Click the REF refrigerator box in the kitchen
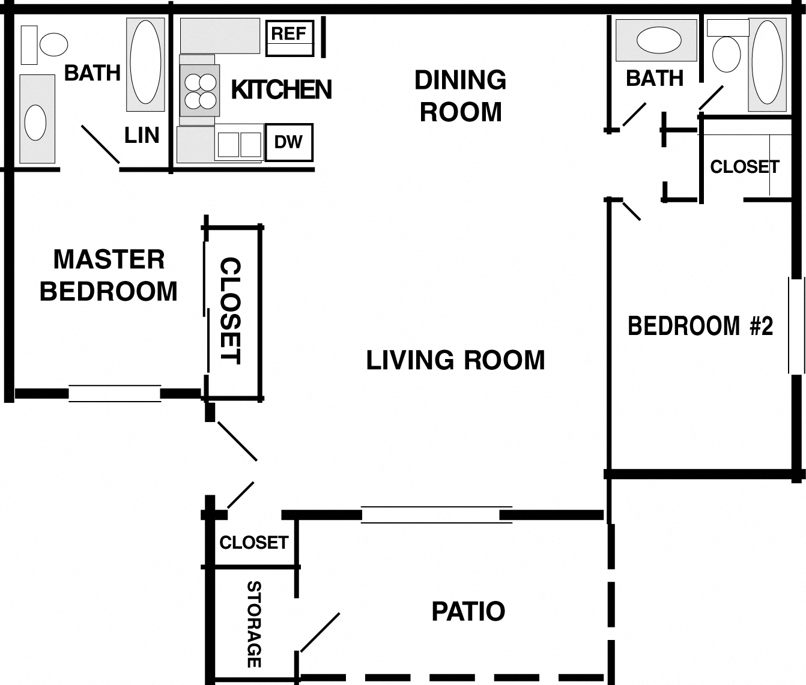click(289, 39)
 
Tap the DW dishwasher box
click(288, 142)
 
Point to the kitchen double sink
click(239, 145)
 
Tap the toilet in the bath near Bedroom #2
click(726, 53)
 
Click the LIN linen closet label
click(142, 136)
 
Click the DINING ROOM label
click(460, 96)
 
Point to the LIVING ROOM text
click(455, 360)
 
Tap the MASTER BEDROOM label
click(109, 276)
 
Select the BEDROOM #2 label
click(700, 326)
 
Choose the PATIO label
click(468, 611)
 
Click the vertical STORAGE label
click(254, 624)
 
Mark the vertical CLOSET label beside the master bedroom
click(230, 310)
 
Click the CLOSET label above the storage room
click(253, 543)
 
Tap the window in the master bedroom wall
click(115, 393)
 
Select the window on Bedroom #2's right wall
click(796, 326)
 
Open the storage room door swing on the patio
click(320, 632)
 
